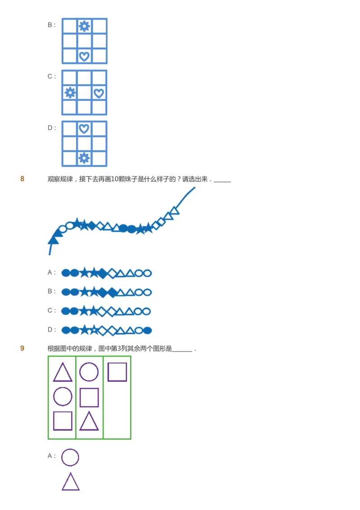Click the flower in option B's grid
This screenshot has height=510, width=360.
[84, 26]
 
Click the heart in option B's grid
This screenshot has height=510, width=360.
[84, 56]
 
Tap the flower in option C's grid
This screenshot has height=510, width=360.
[70, 93]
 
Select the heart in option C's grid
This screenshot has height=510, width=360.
[99, 93]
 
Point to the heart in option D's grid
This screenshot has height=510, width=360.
[84, 129]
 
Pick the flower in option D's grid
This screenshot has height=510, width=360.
[84, 158]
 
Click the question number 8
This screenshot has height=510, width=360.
[22, 179]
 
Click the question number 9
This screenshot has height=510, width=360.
[22, 348]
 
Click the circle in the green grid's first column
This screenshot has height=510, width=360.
[63, 397]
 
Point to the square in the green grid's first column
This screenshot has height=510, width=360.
[63, 421]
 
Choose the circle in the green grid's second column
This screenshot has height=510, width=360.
[89, 372]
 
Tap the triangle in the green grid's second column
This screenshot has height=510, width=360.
[89, 421]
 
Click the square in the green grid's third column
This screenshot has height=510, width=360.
[117, 372]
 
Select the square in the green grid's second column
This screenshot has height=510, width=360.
[89, 397]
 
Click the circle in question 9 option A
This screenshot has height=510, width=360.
[70, 457]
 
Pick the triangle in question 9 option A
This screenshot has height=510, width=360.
[71, 482]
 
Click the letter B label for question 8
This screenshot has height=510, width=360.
[51, 292]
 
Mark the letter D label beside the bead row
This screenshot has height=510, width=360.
[51, 330]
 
